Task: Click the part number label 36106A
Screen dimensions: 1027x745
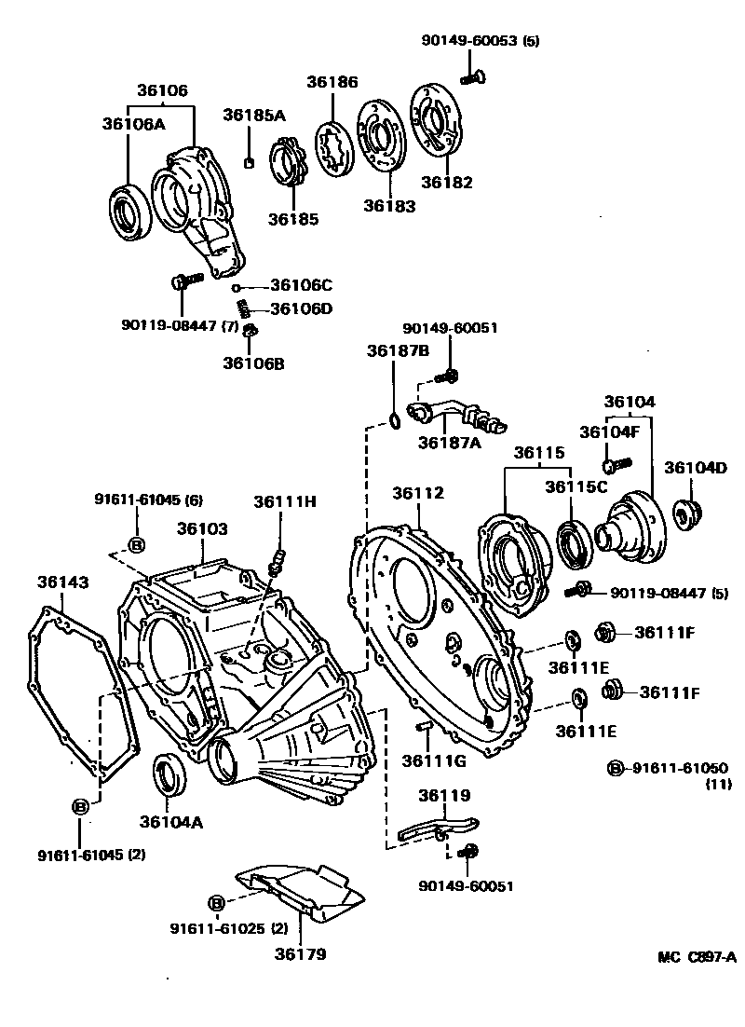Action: (132, 124)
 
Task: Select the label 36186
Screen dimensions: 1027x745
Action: (332, 82)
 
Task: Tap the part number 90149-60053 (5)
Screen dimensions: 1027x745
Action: (479, 41)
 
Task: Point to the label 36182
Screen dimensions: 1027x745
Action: (446, 182)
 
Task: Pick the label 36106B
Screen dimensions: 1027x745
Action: (252, 363)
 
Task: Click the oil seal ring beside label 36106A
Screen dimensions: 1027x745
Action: (129, 209)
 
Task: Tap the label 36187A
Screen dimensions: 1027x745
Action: (449, 443)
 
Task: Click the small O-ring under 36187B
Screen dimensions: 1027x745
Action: (394, 422)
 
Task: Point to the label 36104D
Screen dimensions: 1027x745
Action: (695, 467)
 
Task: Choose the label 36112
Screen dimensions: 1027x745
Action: (418, 492)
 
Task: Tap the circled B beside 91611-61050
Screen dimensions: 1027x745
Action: (616, 768)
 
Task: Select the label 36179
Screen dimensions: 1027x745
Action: (300, 953)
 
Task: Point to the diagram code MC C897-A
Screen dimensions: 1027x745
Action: (697, 957)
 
